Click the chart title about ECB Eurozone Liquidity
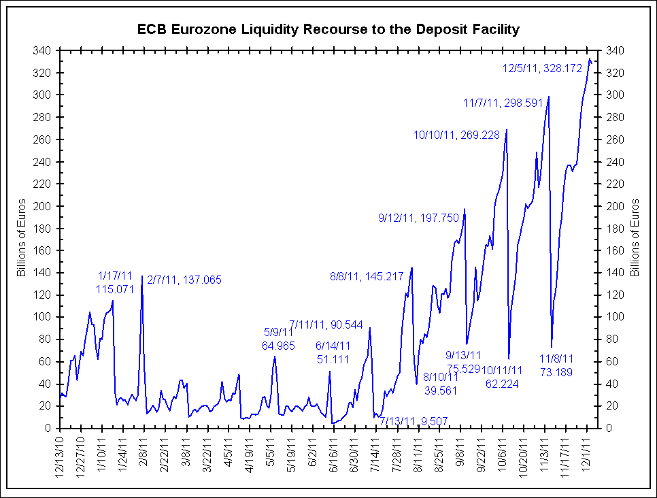328,29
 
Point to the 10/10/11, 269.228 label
456,135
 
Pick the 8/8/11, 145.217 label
367,276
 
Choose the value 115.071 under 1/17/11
114,288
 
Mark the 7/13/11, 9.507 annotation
414,420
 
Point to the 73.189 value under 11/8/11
556,371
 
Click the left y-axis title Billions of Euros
22,238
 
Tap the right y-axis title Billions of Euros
636,238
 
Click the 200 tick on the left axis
43,206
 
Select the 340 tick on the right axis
613,50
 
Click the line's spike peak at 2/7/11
141,276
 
